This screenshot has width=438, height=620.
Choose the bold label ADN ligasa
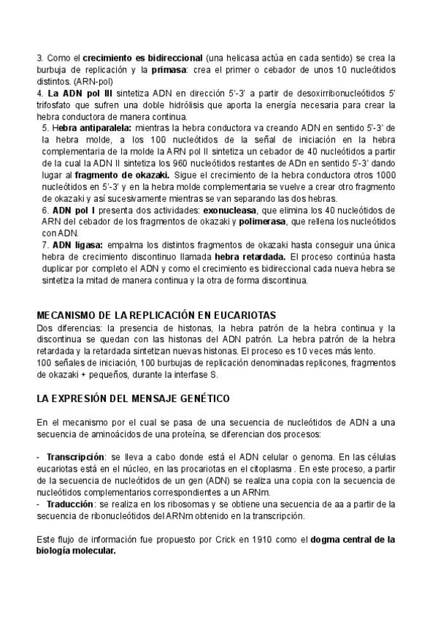pyautogui.click(x=78, y=245)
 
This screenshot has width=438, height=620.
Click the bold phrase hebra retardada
pyautogui.click(x=249, y=257)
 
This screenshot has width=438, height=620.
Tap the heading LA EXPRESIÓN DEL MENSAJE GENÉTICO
pyautogui.click(x=133, y=398)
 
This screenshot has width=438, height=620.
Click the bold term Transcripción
pyautogui.click(x=74, y=457)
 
